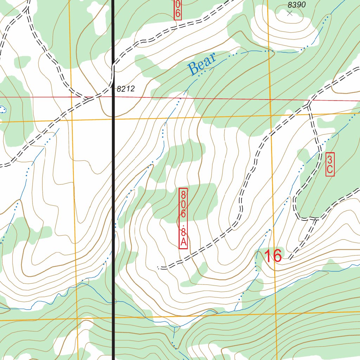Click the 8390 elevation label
pyautogui.click(x=297, y=5)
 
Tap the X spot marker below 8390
pyautogui.click(x=290, y=13)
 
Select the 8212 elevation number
pyautogui.click(x=126, y=89)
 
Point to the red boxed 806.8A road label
pyautogui.click(x=183, y=218)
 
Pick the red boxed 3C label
pyautogui.click(x=330, y=164)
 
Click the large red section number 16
pyautogui.click(x=273, y=256)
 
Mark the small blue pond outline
pyautogui.click(x=3, y=109)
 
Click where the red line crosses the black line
pyautogui.click(x=113, y=97)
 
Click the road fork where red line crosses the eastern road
pyautogui.click(x=309, y=103)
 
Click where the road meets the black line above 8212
pyautogui.click(x=113, y=64)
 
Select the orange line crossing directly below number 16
pyautogui.click(x=275, y=313)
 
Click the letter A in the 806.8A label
pyautogui.click(x=183, y=242)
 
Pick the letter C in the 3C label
pyautogui.click(x=330, y=169)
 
